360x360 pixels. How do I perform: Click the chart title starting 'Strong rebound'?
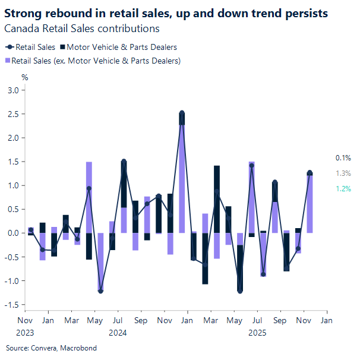(x=166, y=13)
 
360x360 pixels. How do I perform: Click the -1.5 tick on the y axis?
(x=13, y=305)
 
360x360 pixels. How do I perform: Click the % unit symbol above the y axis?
(x=24, y=77)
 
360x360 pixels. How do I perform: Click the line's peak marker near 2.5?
(x=182, y=113)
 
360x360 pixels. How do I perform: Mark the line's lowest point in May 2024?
(x=100, y=291)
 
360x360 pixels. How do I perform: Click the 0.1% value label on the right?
(x=343, y=158)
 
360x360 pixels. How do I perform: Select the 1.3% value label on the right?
(x=343, y=173)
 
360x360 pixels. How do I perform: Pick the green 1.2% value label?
(x=343, y=189)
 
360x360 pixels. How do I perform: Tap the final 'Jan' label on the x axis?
(x=326, y=320)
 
